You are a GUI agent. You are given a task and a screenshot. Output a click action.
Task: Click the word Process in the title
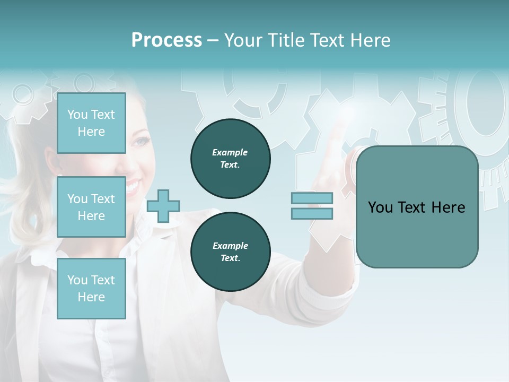[x=166, y=40]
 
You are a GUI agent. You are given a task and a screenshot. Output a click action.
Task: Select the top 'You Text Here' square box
[x=91, y=123]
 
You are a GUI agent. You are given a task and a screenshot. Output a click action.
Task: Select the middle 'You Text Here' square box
[x=91, y=207]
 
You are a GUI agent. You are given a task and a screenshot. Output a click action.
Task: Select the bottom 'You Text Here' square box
[x=91, y=288]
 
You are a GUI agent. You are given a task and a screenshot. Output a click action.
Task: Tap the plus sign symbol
[x=163, y=206]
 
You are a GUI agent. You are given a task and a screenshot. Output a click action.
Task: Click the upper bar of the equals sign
[x=312, y=198]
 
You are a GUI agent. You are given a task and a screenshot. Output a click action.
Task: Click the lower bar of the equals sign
[x=312, y=213]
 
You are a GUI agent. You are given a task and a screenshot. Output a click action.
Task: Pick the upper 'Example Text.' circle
[x=230, y=159]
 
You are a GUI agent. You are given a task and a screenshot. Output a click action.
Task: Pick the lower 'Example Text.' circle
[x=230, y=252]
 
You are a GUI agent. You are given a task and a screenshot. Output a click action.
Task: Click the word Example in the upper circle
[x=230, y=153]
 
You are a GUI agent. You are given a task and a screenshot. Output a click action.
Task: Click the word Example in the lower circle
[x=230, y=246]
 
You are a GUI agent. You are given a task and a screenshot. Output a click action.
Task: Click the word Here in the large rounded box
[x=449, y=207]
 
